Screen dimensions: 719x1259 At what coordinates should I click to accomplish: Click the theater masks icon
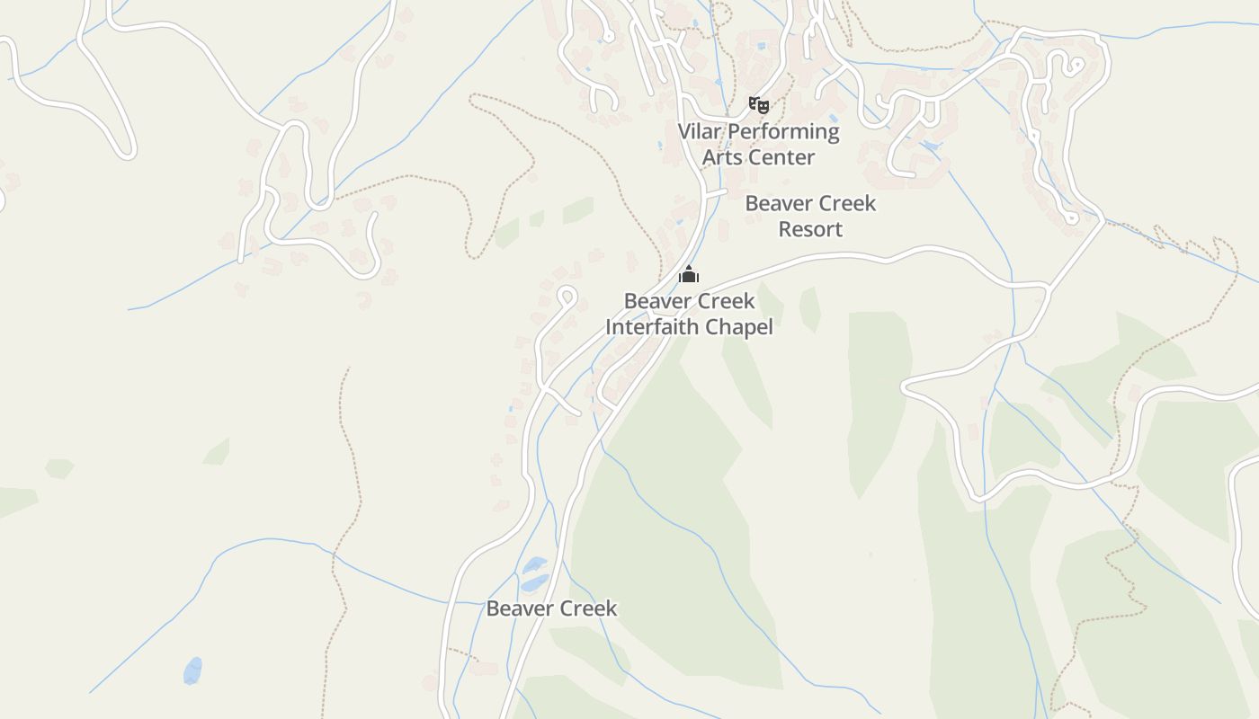click(759, 105)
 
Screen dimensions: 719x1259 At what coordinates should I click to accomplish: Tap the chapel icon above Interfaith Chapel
click(689, 274)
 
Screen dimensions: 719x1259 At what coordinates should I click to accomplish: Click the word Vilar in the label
click(699, 131)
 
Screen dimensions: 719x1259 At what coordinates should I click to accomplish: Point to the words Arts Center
click(758, 157)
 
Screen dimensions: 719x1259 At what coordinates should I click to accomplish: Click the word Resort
click(810, 229)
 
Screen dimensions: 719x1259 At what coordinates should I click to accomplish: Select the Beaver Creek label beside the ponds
click(551, 608)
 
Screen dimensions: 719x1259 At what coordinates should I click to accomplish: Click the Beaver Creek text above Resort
click(810, 203)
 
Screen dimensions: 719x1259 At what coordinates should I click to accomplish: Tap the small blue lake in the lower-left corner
click(192, 670)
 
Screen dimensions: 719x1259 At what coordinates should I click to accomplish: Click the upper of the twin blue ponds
click(535, 564)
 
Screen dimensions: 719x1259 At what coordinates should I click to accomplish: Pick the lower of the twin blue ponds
click(534, 583)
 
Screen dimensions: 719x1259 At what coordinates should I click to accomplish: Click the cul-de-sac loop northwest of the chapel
click(567, 295)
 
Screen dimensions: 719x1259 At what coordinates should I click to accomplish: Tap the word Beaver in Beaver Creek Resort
click(776, 203)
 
